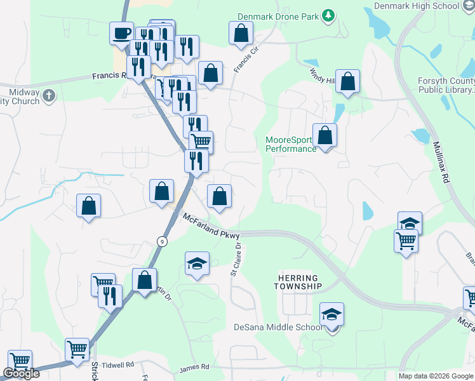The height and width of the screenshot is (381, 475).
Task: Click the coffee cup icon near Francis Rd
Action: point(121,34)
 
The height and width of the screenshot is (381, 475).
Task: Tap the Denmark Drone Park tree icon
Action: point(328,15)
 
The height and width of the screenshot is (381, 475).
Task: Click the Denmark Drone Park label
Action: point(278,17)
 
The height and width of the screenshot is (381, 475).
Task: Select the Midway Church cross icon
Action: point(50,97)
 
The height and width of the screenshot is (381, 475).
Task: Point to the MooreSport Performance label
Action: point(290,144)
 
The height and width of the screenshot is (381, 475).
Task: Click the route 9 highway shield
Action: point(163,241)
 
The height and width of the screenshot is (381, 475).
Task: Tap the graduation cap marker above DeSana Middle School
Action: point(331,315)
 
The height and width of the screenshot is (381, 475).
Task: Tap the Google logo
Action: point(21,373)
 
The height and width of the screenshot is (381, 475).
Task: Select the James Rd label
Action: point(194,367)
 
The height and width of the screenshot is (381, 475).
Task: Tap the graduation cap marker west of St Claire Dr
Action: point(197,264)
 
